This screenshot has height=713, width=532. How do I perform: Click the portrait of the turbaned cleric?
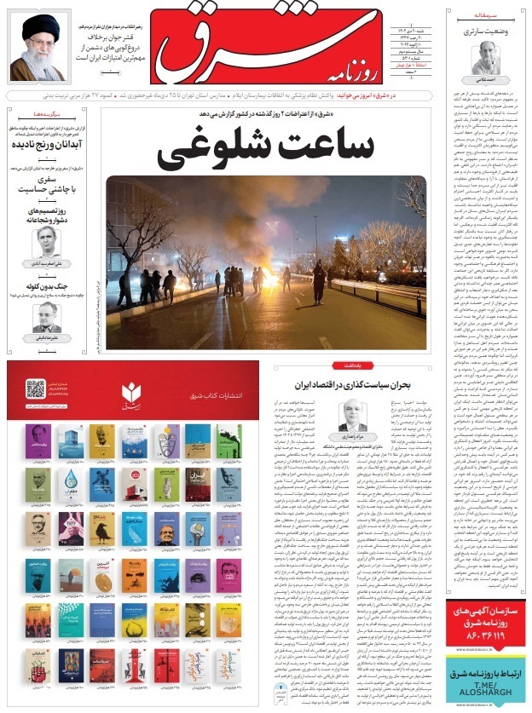coord(38,47)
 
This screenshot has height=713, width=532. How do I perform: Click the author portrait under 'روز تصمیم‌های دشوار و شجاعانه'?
coord(46,241)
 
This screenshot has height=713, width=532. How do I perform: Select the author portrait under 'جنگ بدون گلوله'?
coord(46,317)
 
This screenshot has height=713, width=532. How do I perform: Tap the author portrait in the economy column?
coord(351,416)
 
